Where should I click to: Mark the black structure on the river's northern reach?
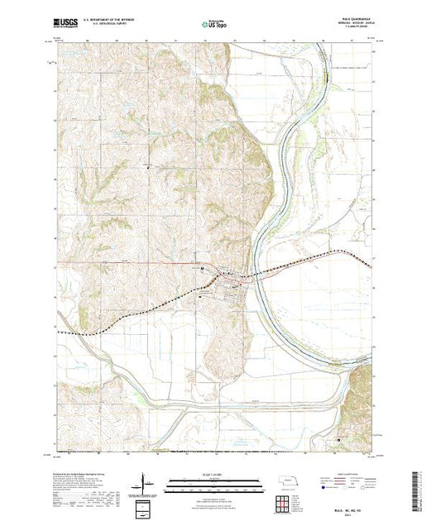click(x=330, y=79)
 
